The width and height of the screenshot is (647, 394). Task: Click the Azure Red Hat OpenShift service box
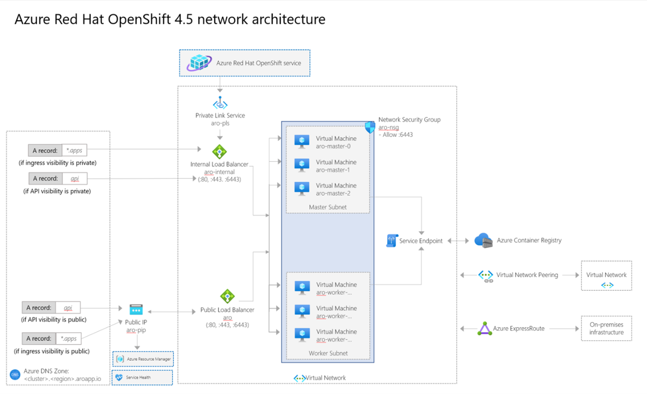(245, 63)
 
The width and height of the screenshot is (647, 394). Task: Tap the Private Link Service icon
(220, 103)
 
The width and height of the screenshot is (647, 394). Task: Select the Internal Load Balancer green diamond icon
(220, 152)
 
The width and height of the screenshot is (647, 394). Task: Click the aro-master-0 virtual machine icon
(301, 141)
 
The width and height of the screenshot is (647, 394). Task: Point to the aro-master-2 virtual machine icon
(301, 188)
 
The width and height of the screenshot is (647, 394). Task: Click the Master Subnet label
(328, 207)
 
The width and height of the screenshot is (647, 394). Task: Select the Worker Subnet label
(328, 353)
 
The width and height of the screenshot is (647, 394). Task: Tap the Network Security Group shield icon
(370, 128)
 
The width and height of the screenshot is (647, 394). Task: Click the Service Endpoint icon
(392, 241)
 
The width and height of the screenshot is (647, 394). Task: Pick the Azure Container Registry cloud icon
(483, 240)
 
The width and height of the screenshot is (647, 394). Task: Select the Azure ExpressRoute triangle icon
(485, 329)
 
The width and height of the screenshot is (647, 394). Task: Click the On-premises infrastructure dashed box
(606, 329)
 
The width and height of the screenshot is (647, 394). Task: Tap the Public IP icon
(136, 310)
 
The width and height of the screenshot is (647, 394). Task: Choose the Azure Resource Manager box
(143, 359)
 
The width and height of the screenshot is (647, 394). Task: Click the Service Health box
(142, 378)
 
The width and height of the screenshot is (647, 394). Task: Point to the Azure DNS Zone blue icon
(15, 375)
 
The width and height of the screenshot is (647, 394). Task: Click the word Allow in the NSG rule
(390, 135)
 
